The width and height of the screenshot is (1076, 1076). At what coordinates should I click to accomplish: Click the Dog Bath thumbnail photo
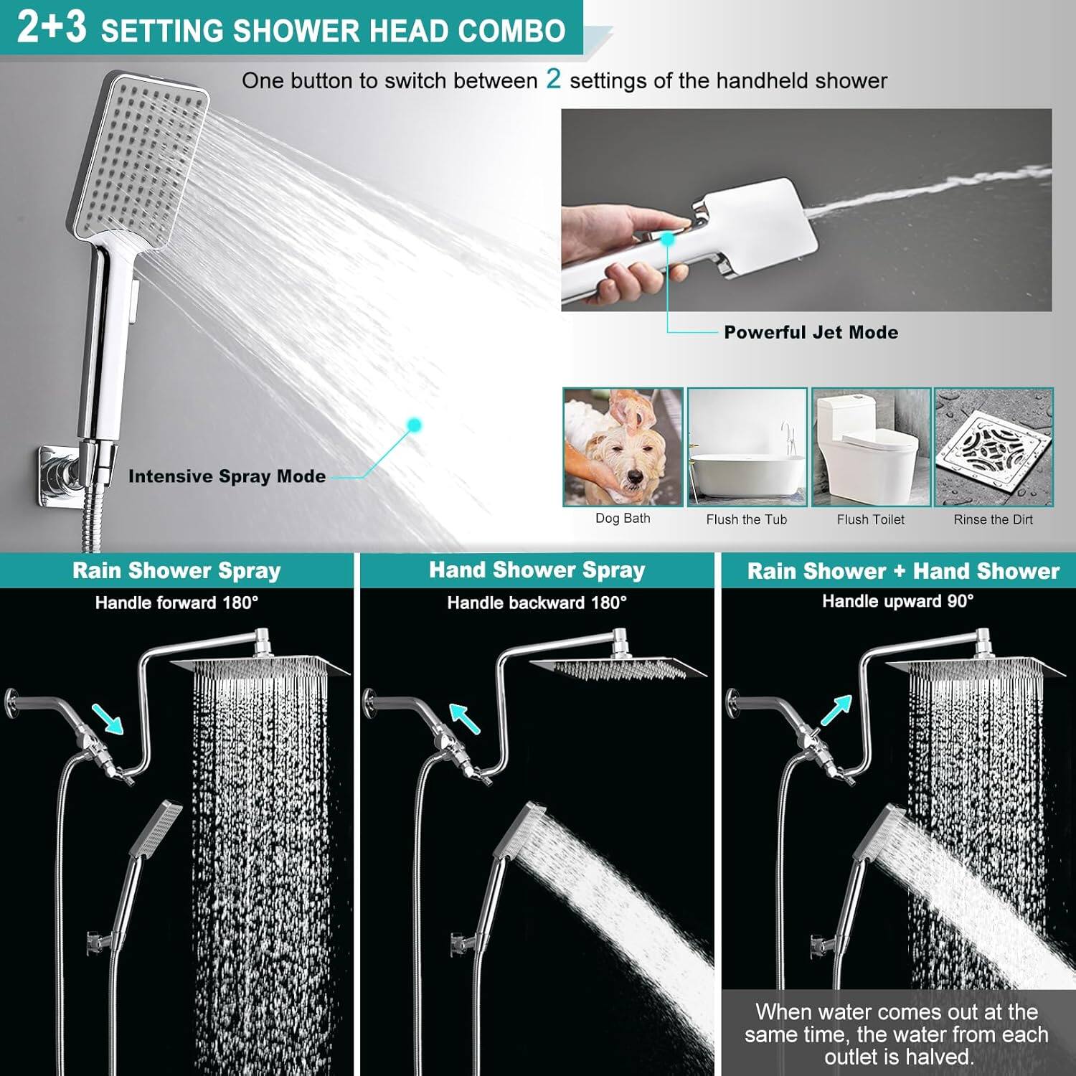point(623,447)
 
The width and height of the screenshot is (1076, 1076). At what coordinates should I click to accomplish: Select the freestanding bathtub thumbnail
point(747,447)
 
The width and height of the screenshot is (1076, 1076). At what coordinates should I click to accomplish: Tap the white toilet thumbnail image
point(871,447)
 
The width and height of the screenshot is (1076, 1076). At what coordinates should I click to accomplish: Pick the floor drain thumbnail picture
point(994,447)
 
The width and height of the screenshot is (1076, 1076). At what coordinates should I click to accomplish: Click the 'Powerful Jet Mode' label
point(811,332)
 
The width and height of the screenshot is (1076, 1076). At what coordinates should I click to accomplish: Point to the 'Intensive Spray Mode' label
point(227,476)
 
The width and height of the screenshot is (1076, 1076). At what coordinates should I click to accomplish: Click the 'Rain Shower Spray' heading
point(176,571)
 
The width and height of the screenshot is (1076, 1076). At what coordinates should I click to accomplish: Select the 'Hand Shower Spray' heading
point(537,570)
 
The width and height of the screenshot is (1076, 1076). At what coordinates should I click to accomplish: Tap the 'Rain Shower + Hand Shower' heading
point(902,571)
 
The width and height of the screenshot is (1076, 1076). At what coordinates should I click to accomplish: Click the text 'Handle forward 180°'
point(176,603)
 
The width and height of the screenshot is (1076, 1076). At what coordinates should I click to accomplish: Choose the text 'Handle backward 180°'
point(537,603)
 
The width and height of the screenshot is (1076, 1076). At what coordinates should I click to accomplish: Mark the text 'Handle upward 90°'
point(897,601)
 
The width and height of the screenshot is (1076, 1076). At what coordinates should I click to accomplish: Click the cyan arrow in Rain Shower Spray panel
point(108,719)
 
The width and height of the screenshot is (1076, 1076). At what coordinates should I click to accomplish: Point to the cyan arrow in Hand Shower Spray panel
point(464,718)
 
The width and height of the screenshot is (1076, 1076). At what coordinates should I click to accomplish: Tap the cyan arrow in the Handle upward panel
point(836,710)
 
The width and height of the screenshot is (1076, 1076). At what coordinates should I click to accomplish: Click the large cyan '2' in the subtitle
point(553,78)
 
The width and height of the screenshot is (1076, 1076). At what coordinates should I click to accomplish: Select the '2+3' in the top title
point(52,27)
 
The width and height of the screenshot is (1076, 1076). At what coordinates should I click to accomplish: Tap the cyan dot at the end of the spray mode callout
point(413,425)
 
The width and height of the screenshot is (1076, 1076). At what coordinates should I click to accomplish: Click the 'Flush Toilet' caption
point(870,519)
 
